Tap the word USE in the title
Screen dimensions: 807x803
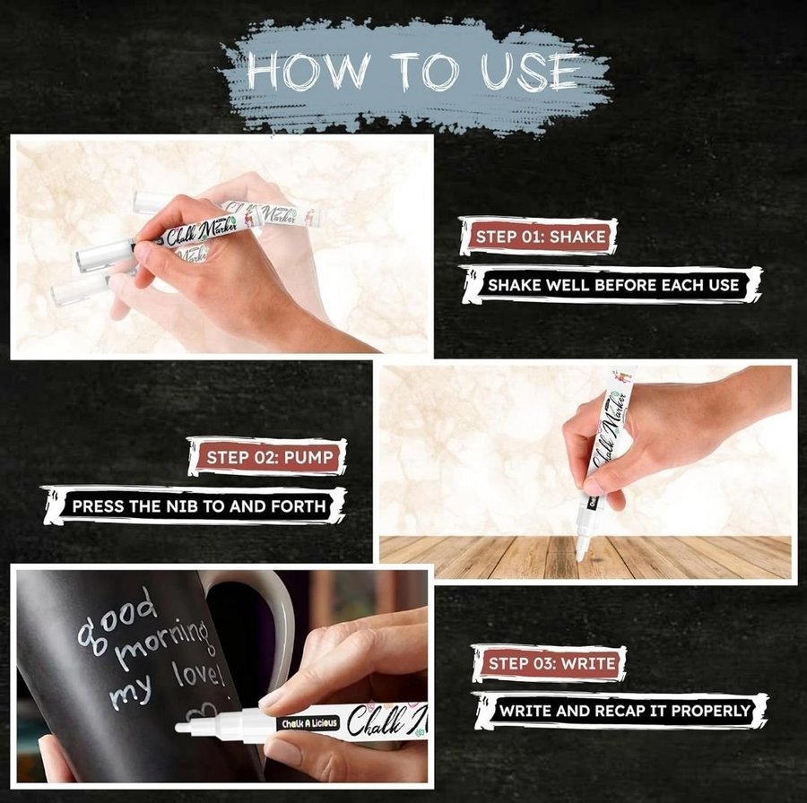point(528,72)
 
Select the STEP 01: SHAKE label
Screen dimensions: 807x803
point(541,237)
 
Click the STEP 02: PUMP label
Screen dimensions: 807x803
point(270,457)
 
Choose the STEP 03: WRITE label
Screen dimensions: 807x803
point(552,663)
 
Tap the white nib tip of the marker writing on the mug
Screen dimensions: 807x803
point(181,728)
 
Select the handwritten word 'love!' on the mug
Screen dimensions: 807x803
point(198,675)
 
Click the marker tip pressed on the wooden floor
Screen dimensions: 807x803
point(580,556)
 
